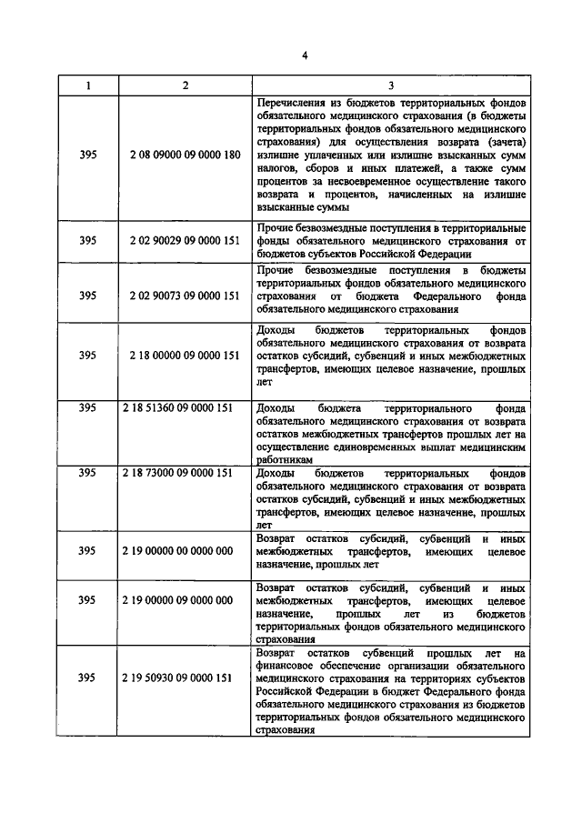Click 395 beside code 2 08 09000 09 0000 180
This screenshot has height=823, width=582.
pos(88,155)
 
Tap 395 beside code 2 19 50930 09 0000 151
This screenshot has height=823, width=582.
pos(88,678)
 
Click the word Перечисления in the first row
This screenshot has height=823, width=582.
pos(293,104)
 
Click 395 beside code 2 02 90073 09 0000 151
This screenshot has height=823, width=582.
pos(88,296)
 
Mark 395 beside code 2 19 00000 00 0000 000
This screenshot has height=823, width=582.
pos(88,551)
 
